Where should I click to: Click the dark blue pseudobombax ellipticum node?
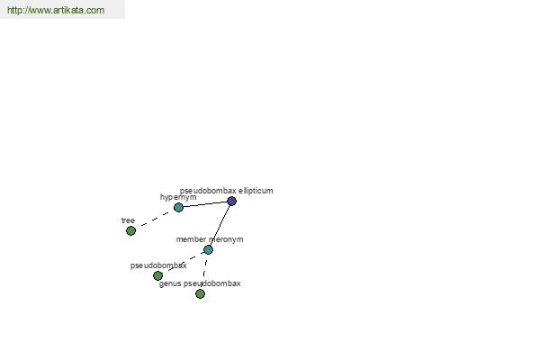click(232, 202)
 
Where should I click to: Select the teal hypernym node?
click(178, 207)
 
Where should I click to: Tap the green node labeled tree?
click(130, 230)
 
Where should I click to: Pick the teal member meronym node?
click(208, 250)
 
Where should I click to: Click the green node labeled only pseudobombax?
click(157, 275)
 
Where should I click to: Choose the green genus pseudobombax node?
click(200, 294)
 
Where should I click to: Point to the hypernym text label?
click(178, 197)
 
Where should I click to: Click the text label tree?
click(128, 220)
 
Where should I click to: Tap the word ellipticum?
click(256, 191)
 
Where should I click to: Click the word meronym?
click(226, 239)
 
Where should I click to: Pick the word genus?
click(170, 283)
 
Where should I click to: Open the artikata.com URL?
click(56, 10)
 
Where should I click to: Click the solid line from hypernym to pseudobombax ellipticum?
click(205, 204)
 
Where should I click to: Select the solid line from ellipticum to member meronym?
click(220, 225)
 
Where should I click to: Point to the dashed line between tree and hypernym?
click(155, 219)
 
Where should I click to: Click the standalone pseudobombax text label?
click(158, 265)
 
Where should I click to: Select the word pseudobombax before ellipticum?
click(208, 191)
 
